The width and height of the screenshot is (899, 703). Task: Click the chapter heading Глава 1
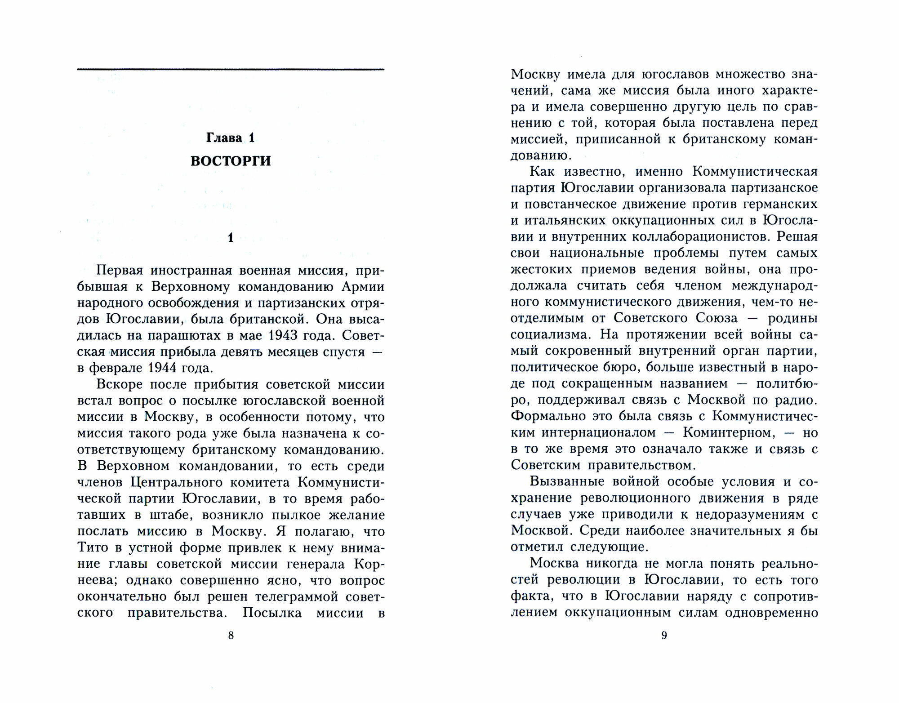coord(231,138)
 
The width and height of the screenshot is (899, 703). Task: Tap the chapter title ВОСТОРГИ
coord(231,161)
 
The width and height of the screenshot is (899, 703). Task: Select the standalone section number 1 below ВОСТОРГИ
coord(231,238)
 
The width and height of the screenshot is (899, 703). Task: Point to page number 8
coord(231,635)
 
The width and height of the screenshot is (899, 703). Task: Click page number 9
coord(664,635)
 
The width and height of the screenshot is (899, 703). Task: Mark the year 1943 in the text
coord(286,336)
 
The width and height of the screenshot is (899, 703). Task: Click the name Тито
coord(93,547)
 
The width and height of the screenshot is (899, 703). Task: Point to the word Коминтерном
coord(729,432)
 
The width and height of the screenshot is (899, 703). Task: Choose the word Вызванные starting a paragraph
coord(565,481)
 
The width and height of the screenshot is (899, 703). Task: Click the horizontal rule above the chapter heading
coord(231,69)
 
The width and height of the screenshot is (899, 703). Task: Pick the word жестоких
coord(541,269)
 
